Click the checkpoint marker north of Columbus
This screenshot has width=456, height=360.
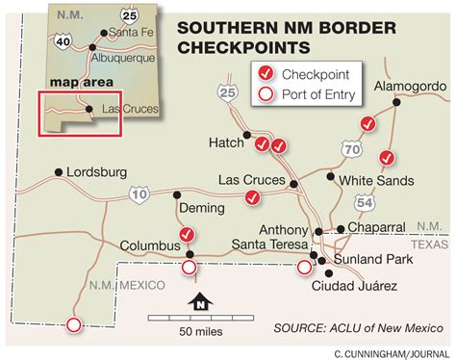[188, 234]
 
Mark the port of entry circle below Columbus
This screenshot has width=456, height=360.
[189, 267]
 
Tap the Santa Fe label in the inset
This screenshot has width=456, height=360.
[135, 34]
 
